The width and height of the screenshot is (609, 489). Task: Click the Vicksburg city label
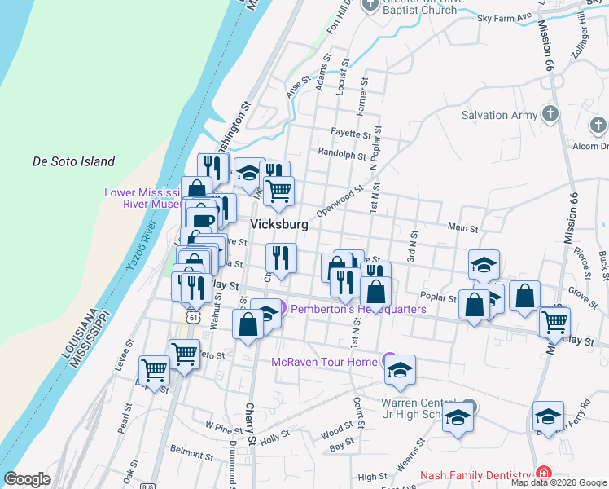tap(279, 224)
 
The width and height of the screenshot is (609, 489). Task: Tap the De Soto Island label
tap(73, 161)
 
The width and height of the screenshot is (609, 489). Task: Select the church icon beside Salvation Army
tap(550, 114)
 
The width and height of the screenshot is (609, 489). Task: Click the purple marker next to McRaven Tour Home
tap(389, 361)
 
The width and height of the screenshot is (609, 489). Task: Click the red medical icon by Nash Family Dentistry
tap(542, 474)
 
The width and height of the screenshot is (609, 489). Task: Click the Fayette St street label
tap(351, 133)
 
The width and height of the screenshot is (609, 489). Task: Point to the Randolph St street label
tap(340, 153)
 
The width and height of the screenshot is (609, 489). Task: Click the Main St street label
tap(460, 227)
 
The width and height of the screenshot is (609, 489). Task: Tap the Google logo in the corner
tap(27, 479)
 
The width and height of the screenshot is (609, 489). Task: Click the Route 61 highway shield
tap(191, 314)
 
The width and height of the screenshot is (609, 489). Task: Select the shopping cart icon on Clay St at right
tap(554, 321)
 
